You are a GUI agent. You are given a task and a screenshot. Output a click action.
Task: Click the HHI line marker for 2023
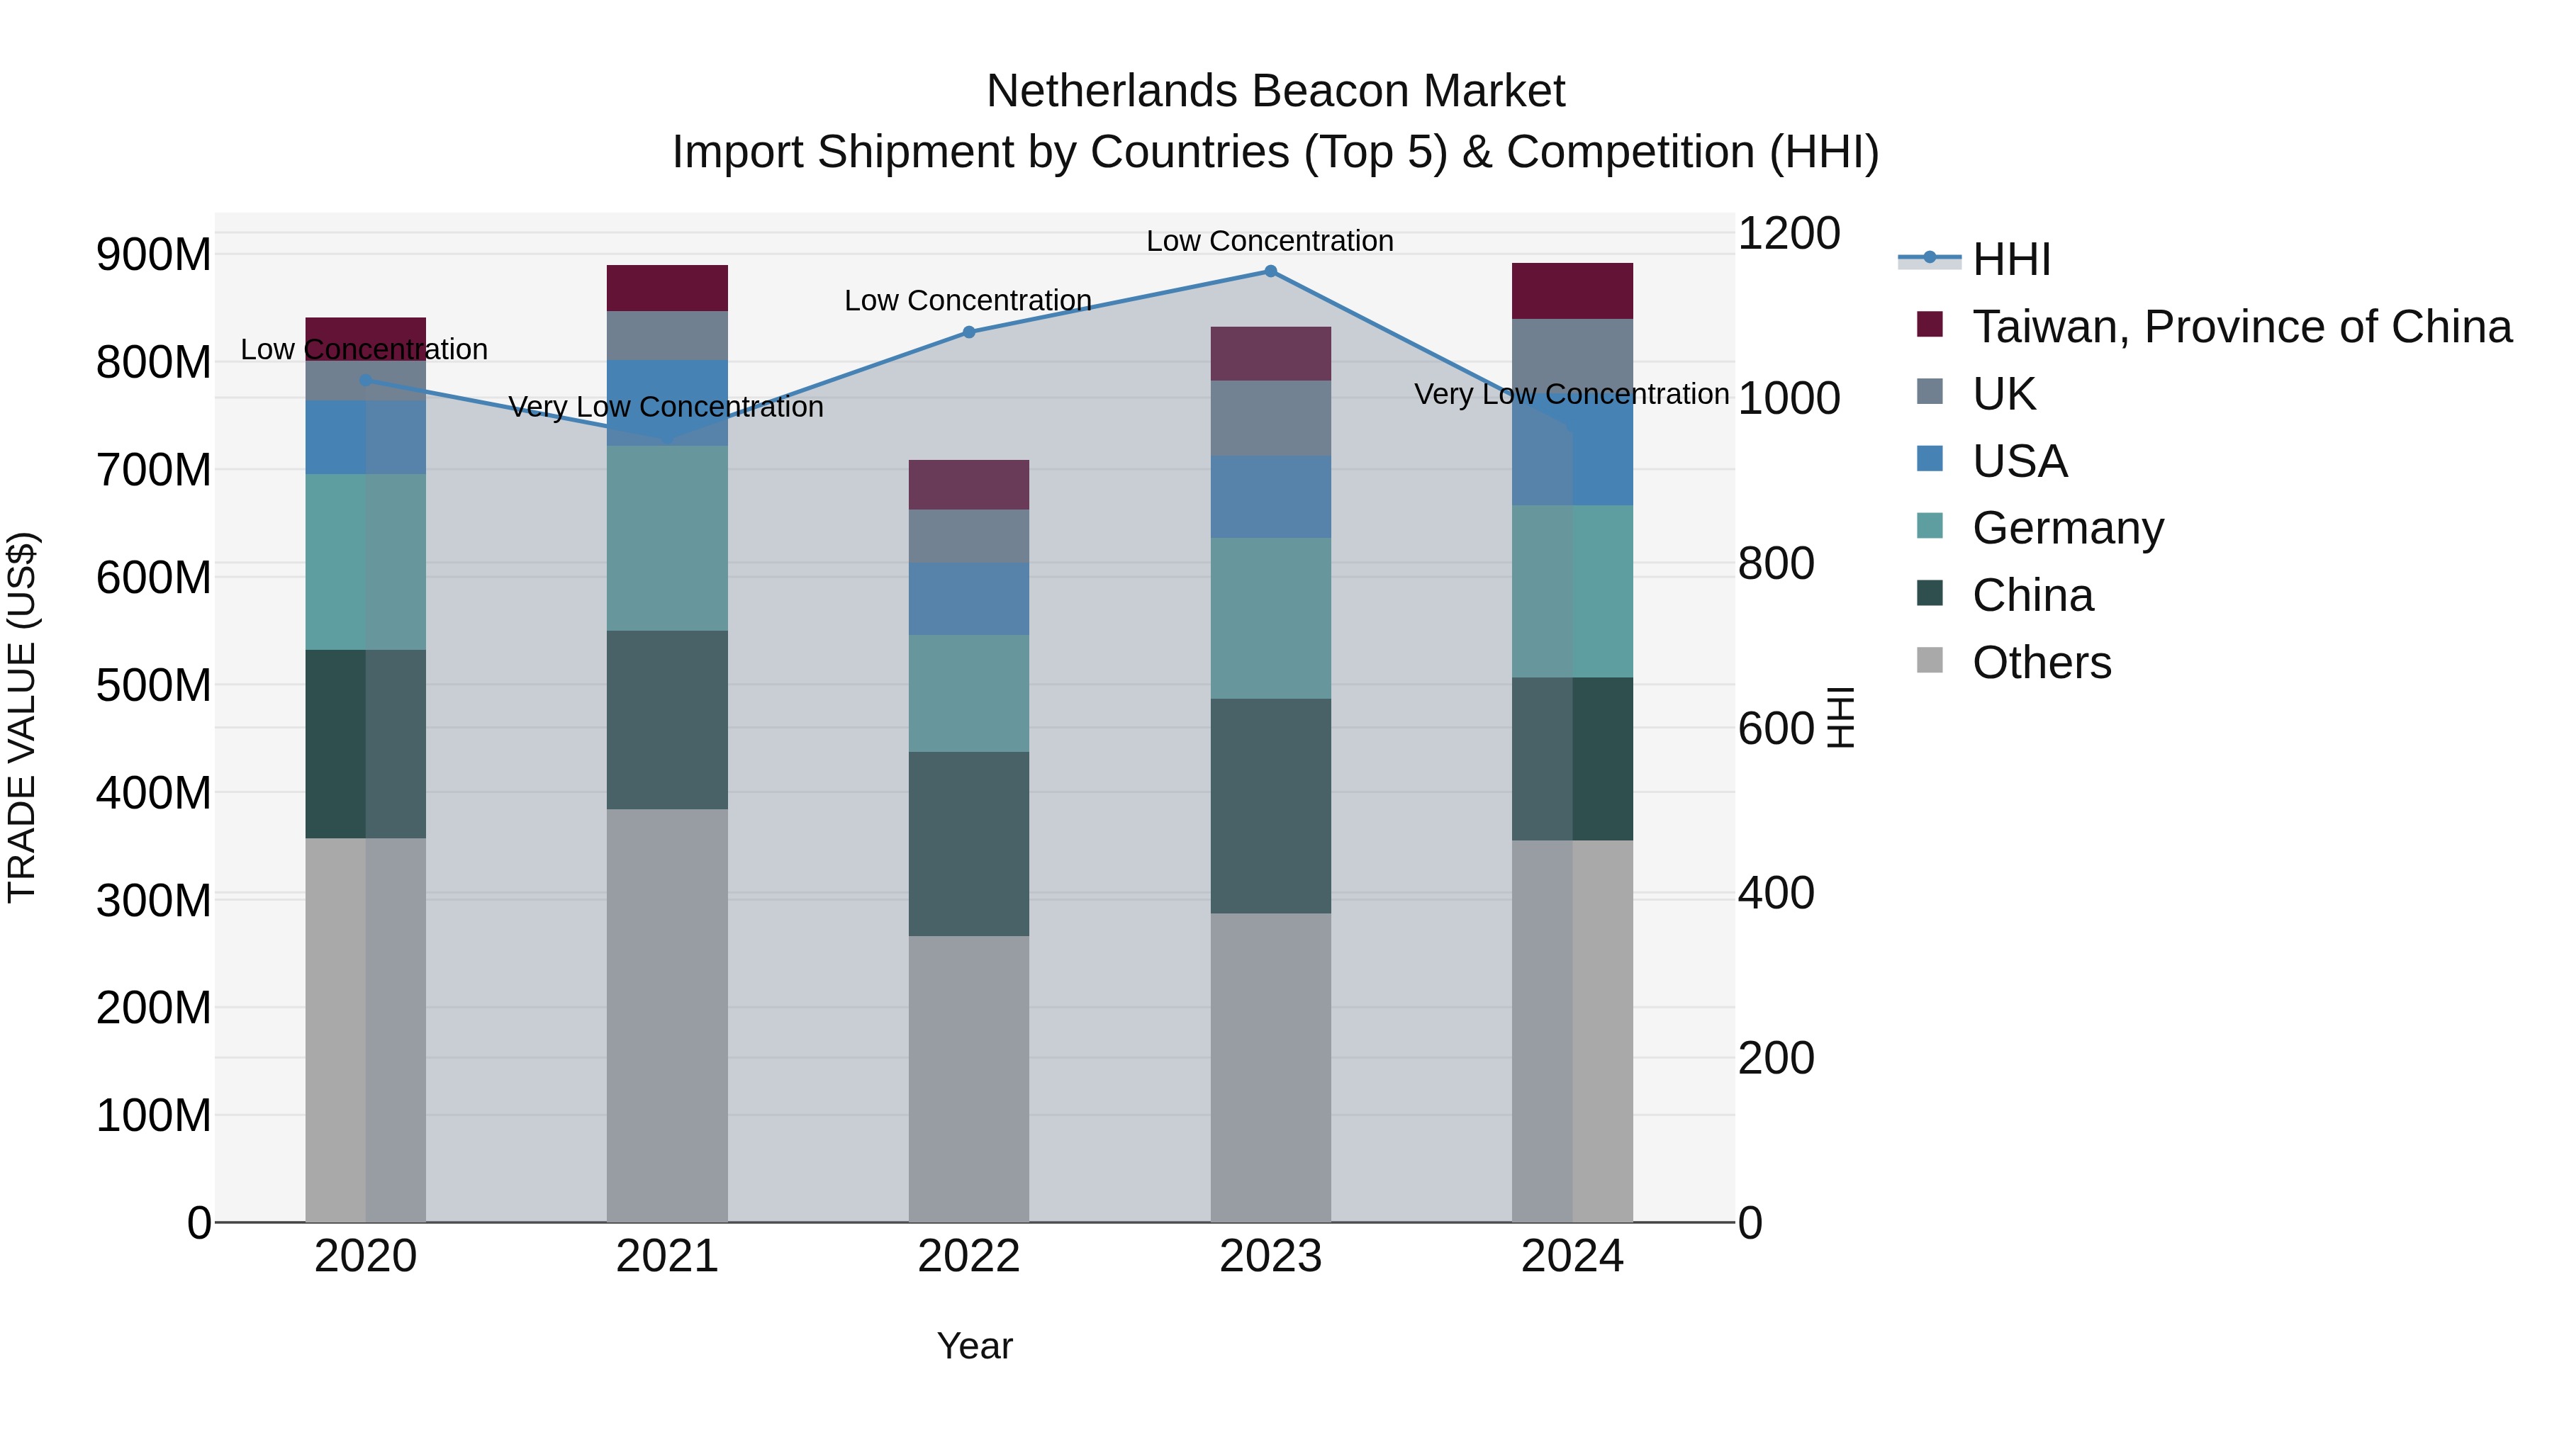pos(1270,271)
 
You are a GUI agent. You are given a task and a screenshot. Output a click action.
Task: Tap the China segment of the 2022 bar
pos(969,844)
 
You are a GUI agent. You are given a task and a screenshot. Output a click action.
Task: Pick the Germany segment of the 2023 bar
pos(1270,618)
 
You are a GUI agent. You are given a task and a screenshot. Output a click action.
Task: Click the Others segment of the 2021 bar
pos(667,1015)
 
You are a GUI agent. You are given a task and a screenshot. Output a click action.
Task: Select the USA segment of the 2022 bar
pos(969,599)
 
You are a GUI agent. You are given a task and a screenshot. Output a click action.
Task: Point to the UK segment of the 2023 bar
pos(1270,418)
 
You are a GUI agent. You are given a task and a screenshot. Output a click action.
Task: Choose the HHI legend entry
pos(2010,259)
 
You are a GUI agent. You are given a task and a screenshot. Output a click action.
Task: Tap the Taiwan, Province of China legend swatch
pos(1930,325)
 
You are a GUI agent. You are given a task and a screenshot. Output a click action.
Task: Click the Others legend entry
pos(2041,663)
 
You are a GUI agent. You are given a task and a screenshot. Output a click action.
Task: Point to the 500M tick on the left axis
pos(154,685)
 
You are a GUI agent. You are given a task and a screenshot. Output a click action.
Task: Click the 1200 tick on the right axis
pos(1789,234)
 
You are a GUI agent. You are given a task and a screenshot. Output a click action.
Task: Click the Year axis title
pos(974,1346)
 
